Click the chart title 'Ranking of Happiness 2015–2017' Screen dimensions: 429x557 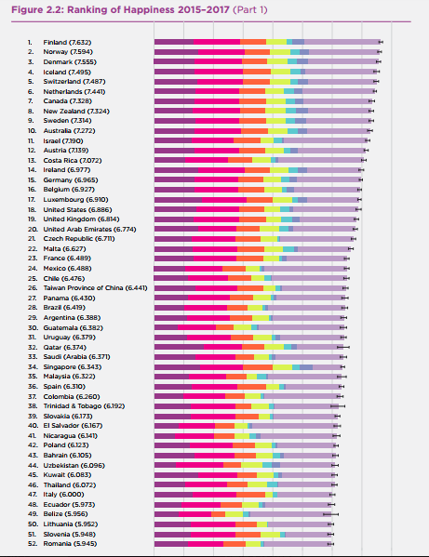148,9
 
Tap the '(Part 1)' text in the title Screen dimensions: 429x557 250,9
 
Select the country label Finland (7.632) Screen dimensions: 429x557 67,42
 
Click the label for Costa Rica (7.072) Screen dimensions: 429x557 73,160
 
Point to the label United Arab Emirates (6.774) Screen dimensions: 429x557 89,229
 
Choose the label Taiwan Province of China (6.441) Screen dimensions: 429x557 95,287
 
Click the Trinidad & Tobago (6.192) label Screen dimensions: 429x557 84,405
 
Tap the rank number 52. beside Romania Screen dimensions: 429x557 33,543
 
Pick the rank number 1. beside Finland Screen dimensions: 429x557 30,42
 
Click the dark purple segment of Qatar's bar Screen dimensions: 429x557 179,347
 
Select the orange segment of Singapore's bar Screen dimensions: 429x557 258,366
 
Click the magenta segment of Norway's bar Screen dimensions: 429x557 221,52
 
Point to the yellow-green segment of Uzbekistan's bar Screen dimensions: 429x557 251,465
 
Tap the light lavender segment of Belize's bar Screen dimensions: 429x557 290,514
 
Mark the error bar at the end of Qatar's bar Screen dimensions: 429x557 343,347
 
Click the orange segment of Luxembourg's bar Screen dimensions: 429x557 260,200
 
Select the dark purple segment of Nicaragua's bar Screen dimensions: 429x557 165,435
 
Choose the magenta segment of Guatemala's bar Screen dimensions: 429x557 197,327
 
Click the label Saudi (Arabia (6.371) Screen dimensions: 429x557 76,357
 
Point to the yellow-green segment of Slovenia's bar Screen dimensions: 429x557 270,535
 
